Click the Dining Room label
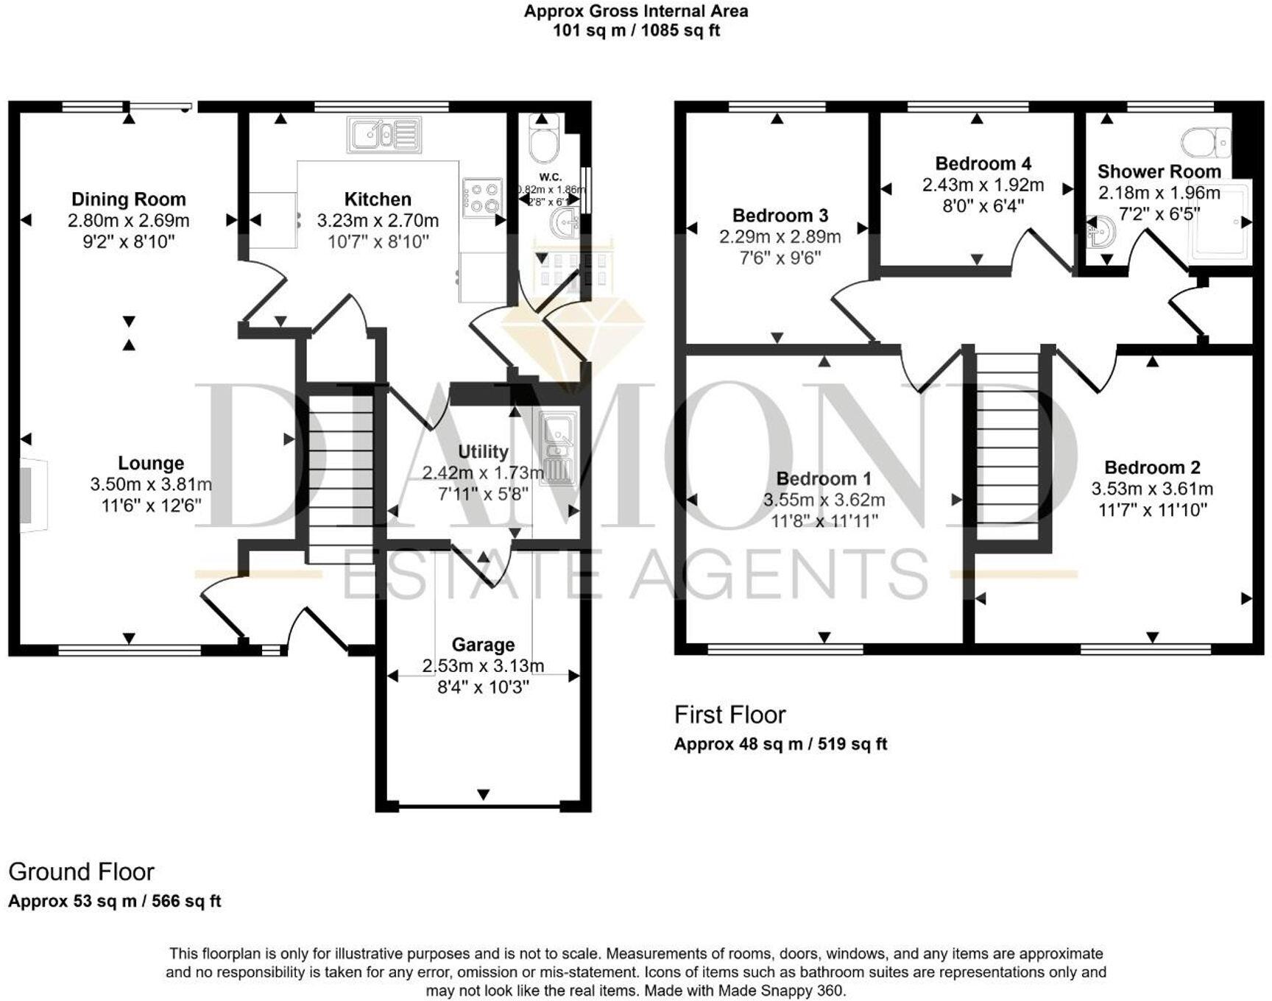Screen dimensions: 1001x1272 pos(128,199)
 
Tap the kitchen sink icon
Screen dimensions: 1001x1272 pos(384,135)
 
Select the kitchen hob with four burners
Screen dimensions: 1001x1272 pos(482,198)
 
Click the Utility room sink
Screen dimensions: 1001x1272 pos(559,450)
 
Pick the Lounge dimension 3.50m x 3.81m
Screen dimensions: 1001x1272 pos(151,484)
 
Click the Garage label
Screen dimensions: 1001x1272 pos(483,645)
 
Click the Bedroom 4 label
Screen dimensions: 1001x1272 pos(983,163)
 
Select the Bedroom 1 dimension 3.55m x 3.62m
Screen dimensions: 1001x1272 pos(824,501)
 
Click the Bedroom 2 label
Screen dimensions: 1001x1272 pos(1152,467)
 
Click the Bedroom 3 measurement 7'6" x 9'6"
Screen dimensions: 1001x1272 pos(780,258)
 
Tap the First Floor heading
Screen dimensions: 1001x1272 pos(729,715)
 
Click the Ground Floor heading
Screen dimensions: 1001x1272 pos(81,872)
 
